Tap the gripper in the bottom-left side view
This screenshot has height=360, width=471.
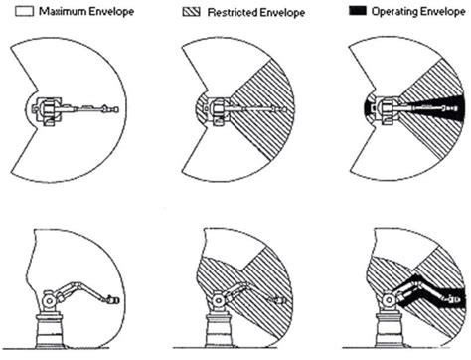click(x=112, y=298)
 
